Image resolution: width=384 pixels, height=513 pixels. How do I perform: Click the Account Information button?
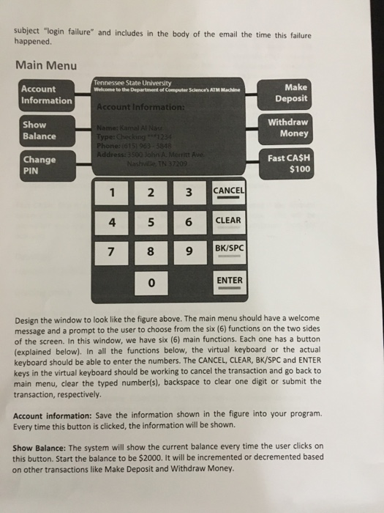click(47, 95)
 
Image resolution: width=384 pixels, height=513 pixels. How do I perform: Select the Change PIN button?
click(47, 166)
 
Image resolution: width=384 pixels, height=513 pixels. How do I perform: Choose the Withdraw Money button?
click(287, 128)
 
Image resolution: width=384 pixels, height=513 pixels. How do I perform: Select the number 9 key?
click(188, 253)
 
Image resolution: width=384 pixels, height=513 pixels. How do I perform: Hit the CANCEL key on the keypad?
click(229, 191)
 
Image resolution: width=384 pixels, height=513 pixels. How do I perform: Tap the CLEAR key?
click(229, 221)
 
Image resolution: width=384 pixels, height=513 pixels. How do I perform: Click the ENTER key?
click(229, 281)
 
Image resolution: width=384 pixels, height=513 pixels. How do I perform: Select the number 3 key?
click(188, 193)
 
